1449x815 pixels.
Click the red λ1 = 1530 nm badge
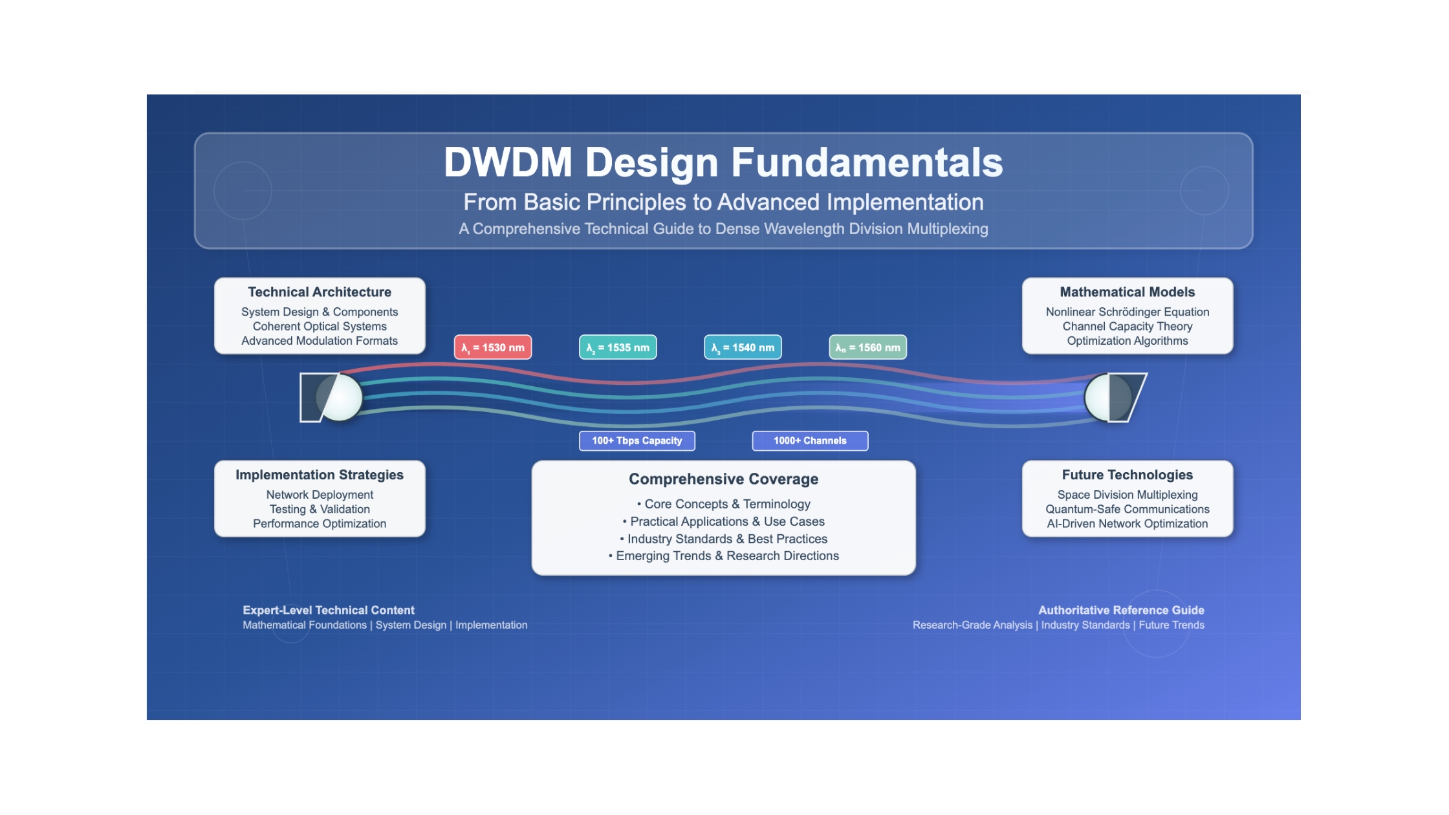[x=493, y=347]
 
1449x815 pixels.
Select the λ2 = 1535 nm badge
[x=618, y=347]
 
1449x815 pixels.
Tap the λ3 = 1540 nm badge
[x=743, y=347]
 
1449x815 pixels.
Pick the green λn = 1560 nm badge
[x=868, y=347]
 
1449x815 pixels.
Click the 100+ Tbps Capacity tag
[x=637, y=440]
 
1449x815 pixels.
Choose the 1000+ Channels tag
[x=810, y=440]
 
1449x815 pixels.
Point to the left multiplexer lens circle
[x=340, y=397]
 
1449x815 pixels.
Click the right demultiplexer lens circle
[x=1108, y=397]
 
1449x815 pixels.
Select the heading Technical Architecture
[x=320, y=292]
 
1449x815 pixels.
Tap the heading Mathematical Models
[x=1128, y=292]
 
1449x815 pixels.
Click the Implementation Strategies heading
[x=320, y=475]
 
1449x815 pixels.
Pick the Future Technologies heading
[x=1128, y=475]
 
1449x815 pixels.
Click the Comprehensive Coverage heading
[x=724, y=479]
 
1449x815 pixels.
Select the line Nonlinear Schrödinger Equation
[x=1128, y=312]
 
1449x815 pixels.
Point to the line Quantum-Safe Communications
[x=1128, y=509]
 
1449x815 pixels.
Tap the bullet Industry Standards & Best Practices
[x=724, y=539]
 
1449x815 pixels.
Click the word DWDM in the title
[x=508, y=162]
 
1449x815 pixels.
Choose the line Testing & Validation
[x=320, y=509]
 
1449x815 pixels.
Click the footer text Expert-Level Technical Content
[x=329, y=610]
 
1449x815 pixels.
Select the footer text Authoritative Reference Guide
[x=1121, y=610]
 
